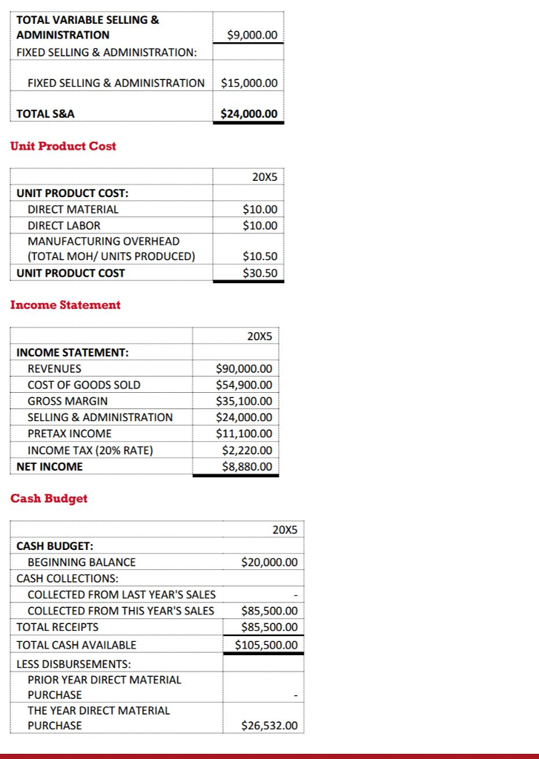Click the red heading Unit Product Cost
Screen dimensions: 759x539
(63, 146)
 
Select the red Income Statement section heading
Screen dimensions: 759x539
(65, 305)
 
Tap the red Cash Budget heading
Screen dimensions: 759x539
(49, 498)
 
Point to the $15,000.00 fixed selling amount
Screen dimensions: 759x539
(249, 83)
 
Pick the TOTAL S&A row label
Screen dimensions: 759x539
(45, 114)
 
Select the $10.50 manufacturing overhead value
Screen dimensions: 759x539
(260, 256)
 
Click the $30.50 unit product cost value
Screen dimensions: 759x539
(260, 273)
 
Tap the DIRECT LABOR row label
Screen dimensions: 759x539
(64, 225)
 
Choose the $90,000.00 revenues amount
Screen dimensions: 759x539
(244, 368)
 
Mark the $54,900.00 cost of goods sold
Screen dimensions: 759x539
(244, 385)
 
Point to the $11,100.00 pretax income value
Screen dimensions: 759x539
(244, 434)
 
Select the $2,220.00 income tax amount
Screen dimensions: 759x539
(247, 450)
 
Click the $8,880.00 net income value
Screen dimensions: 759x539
(247, 466)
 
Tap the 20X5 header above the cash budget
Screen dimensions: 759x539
(285, 530)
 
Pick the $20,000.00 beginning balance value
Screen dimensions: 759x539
(270, 563)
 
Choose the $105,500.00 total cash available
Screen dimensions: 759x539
(266, 645)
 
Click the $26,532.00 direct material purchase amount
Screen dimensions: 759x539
(270, 726)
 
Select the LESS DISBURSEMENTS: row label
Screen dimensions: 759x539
(73, 664)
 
